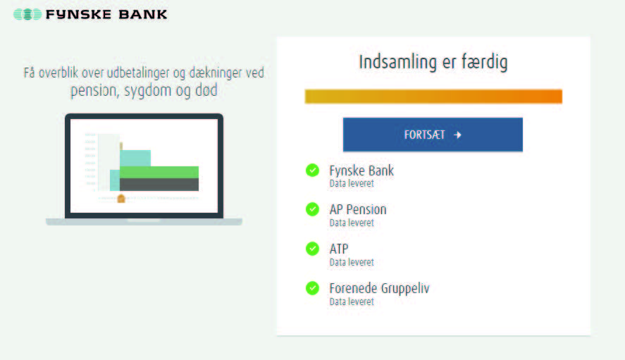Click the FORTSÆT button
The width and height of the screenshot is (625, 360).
coord(433,135)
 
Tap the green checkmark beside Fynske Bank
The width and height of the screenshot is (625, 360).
coord(312,170)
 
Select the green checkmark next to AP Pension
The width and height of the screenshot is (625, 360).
coord(312,209)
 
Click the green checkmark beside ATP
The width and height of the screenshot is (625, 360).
coord(312,249)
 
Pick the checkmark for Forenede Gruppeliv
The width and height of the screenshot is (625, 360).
coord(312,288)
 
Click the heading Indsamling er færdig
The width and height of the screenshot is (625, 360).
coord(433,62)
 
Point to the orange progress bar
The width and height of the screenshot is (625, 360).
coord(433,97)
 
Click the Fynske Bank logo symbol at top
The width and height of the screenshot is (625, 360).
coord(27,14)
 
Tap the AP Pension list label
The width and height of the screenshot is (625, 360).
coord(357,209)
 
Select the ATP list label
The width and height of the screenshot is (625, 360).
coord(339,249)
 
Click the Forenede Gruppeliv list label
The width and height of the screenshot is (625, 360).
coord(379,288)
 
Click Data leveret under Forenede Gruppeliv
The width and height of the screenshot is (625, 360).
coord(352,302)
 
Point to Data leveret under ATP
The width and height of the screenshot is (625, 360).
coord(352,262)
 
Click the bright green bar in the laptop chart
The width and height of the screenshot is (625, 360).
coord(159,172)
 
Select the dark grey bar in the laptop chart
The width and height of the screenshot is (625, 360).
coord(159,185)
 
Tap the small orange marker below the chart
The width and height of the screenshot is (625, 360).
coord(121,199)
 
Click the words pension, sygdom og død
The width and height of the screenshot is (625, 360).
coord(144,92)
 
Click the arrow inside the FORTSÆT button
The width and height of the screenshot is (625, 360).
coord(457,135)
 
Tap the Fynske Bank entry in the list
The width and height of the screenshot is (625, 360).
coord(361,170)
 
